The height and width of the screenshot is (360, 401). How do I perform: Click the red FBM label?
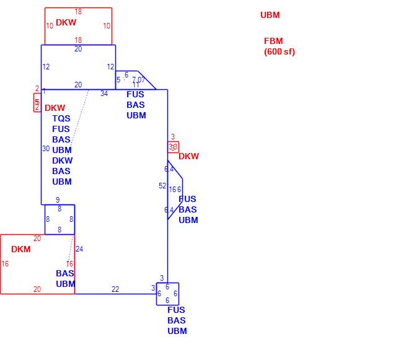click(x=273, y=42)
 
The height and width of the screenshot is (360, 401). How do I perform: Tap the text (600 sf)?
click(x=280, y=51)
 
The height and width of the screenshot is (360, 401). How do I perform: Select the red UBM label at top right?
click(x=270, y=15)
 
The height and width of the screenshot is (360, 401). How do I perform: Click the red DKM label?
click(x=20, y=250)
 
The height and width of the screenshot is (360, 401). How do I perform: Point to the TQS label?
click(x=61, y=118)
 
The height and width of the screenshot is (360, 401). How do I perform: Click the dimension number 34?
click(x=104, y=94)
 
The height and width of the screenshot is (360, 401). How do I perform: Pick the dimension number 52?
click(x=162, y=186)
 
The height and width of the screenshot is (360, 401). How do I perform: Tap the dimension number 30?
click(x=46, y=149)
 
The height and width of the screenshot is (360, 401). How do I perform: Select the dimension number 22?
click(x=115, y=289)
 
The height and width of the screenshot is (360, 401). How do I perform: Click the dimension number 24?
click(x=79, y=249)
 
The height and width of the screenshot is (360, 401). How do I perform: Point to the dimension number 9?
click(x=58, y=200)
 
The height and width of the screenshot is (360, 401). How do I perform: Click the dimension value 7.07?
click(x=138, y=79)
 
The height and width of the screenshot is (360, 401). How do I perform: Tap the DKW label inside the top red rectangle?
click(x=66, y=22)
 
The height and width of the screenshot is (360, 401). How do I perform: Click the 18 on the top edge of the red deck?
click(x=78, y=12)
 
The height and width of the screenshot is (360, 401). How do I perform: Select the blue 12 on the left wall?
click(x=46, y=67)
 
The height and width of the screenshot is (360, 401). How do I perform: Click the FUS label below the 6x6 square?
click(x=177, y=310)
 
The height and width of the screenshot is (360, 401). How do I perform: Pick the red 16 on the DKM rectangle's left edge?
click(x=5, y=264)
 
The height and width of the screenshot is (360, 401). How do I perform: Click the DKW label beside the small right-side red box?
click(x=189, y=156)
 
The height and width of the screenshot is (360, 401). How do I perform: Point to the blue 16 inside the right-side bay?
click(x=172, y=190)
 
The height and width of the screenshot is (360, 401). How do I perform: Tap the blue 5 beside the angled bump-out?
click(x=118, y=80)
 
